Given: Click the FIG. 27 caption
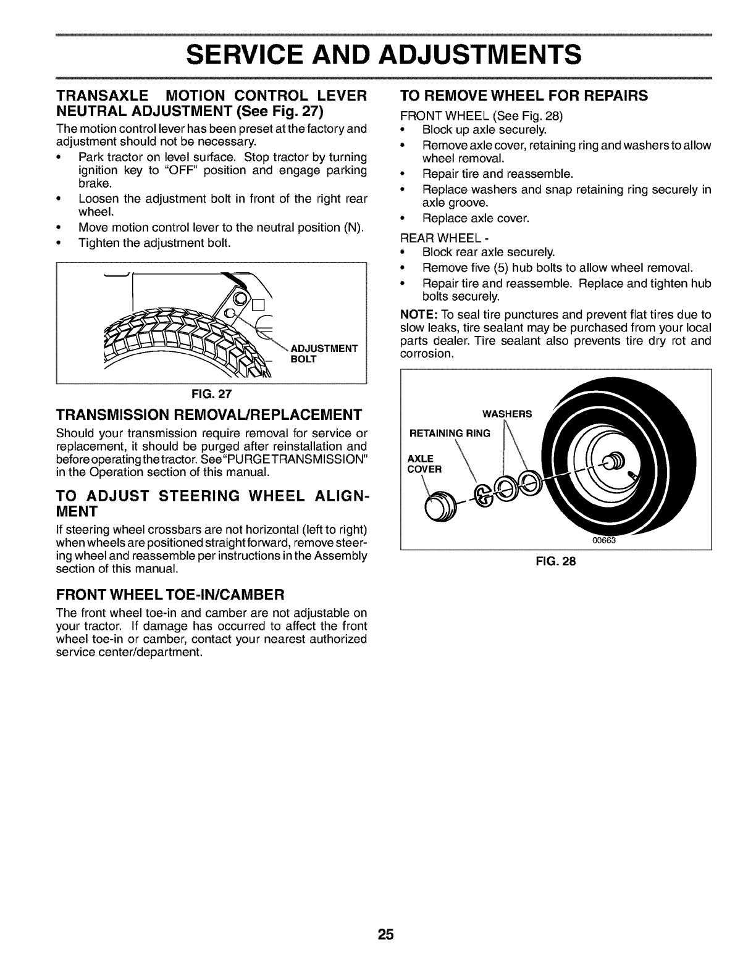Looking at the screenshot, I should click(x=211, y=393).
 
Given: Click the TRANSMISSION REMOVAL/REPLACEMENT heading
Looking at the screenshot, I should click(x=209, y=413).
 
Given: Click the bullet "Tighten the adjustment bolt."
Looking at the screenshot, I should click(x=154, y=243).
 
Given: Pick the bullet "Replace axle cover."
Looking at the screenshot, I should click(x=476, y=218).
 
